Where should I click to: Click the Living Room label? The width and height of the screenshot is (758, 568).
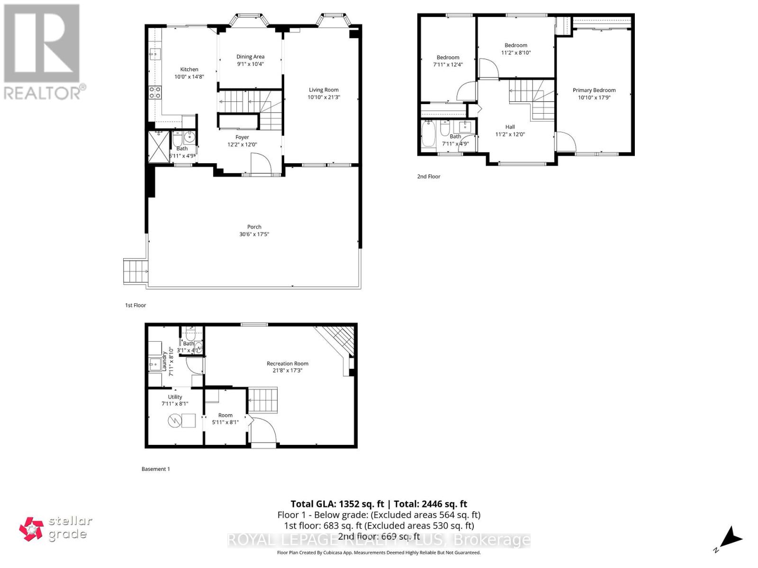(x=324, y=89)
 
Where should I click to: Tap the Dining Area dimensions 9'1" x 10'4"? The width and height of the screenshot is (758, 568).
(x=250, y=64)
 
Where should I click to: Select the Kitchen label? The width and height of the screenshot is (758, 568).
(x=189, y=69)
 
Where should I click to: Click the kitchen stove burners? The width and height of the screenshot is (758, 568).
(x=155, y=92)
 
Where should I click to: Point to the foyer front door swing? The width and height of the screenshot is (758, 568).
(x=261, y=165)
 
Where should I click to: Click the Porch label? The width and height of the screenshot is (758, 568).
(x=254, y=227)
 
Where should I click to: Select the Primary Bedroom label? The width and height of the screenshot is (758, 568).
(x=594, y=90)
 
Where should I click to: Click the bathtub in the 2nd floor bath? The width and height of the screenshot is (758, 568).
(x=428, y=136)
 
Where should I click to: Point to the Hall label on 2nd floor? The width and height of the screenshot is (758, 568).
(x=510, y=127)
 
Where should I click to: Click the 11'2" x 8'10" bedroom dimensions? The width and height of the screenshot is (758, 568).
(x=516, y=53)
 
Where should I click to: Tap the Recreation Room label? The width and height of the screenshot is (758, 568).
(x=287, y=364)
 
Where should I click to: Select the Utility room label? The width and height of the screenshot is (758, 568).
(x=175, y=397)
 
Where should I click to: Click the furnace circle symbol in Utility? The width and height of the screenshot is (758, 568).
(x=175, y=420)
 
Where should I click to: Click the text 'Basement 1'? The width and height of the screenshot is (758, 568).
(x=155, y=469)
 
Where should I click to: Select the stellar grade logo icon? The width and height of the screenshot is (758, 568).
(x=31, y=529)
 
